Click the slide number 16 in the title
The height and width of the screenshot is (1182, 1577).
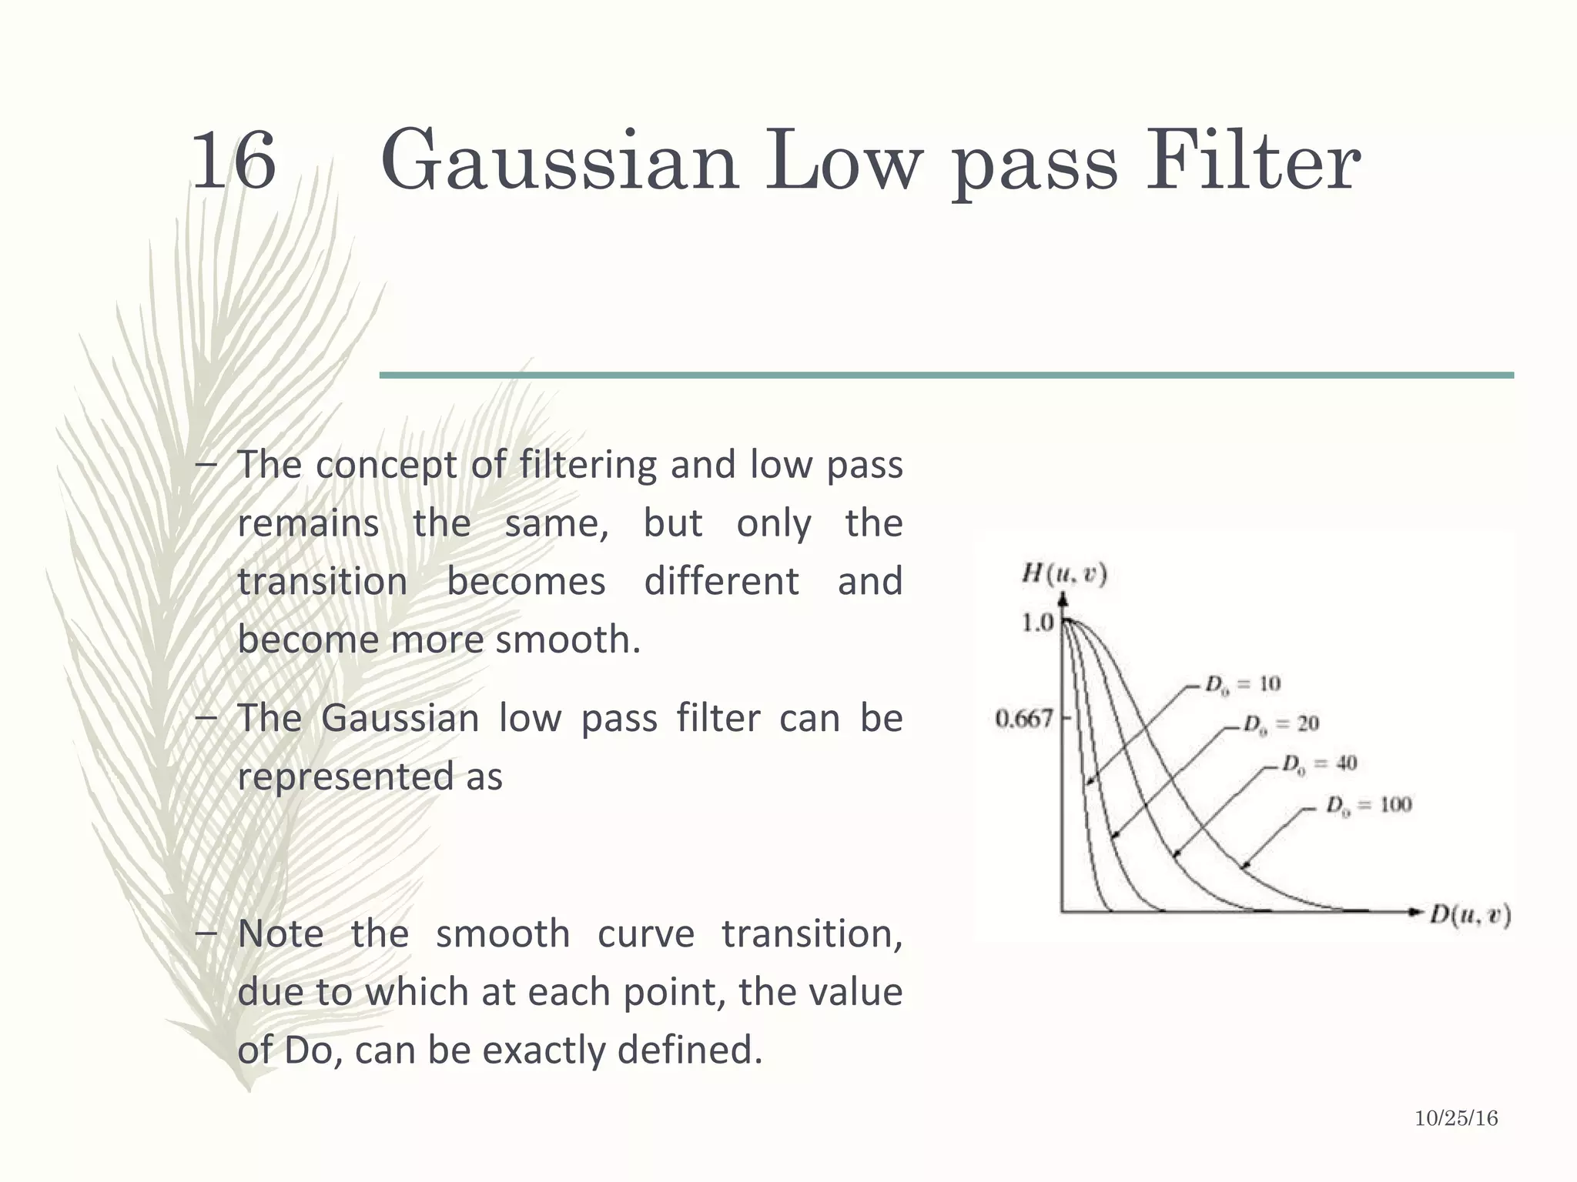coord(233,162)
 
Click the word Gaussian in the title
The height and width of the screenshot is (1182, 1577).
coord(560,162)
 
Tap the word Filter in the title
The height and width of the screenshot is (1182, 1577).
coord(1253,162)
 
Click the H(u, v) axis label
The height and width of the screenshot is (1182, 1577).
coord(1064,574)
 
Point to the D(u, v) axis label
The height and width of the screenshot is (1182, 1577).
coord(1470,915)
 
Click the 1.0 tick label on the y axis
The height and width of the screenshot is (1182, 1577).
coord(1037,622)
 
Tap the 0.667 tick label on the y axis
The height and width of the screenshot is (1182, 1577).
coord(1023,719)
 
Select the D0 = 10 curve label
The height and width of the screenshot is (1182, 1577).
coord(1243,684)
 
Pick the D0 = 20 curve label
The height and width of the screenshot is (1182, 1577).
coord(1281,724)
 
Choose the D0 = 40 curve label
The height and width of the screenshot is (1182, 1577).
coord(1319,764)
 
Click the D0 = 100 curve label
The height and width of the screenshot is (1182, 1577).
coord(1368,806)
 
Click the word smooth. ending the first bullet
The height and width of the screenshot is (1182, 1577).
coord(568,639)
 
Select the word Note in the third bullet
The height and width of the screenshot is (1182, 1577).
coord(280,933)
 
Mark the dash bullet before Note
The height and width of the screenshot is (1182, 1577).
coord(206,933)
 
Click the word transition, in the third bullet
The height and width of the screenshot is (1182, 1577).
coord(812,933)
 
